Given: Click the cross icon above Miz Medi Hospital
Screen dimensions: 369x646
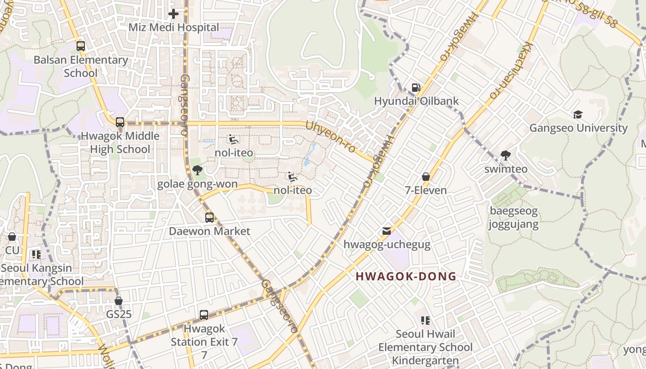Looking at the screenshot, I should tap(173, 14).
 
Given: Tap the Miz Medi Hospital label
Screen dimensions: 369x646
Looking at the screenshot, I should tap(173, 27).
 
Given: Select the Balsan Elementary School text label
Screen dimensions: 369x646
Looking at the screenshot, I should tap(81, 66).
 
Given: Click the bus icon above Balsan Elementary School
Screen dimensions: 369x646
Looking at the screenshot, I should tap(81, 46).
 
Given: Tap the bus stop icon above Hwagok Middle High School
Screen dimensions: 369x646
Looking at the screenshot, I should tap(120, 122).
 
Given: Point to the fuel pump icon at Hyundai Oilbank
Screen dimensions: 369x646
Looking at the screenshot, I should tap(416, 88).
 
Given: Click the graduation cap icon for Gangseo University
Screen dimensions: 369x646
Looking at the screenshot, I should tap(578, 114).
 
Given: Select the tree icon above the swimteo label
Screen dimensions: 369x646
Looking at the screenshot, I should tap(506, 155).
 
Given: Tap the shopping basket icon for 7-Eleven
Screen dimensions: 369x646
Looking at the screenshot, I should tap(425, 177).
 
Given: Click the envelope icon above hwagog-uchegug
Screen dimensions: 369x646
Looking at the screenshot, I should tap(387, 231).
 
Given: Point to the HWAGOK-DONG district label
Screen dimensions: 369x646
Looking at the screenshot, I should tap(406, 276).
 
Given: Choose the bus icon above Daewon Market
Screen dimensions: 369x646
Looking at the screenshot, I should tap(209, 217).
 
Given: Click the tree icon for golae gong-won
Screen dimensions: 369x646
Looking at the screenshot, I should tap(197, 170).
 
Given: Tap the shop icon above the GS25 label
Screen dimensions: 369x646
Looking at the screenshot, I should tap(119, 301).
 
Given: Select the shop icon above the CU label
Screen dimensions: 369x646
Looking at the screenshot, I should tap(12, 237).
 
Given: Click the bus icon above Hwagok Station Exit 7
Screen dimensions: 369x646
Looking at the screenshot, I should tap(204, 315).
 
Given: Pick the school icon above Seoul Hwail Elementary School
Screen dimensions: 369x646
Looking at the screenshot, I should tap(425, 320).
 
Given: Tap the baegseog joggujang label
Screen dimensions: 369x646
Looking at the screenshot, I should tap(513, 218).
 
